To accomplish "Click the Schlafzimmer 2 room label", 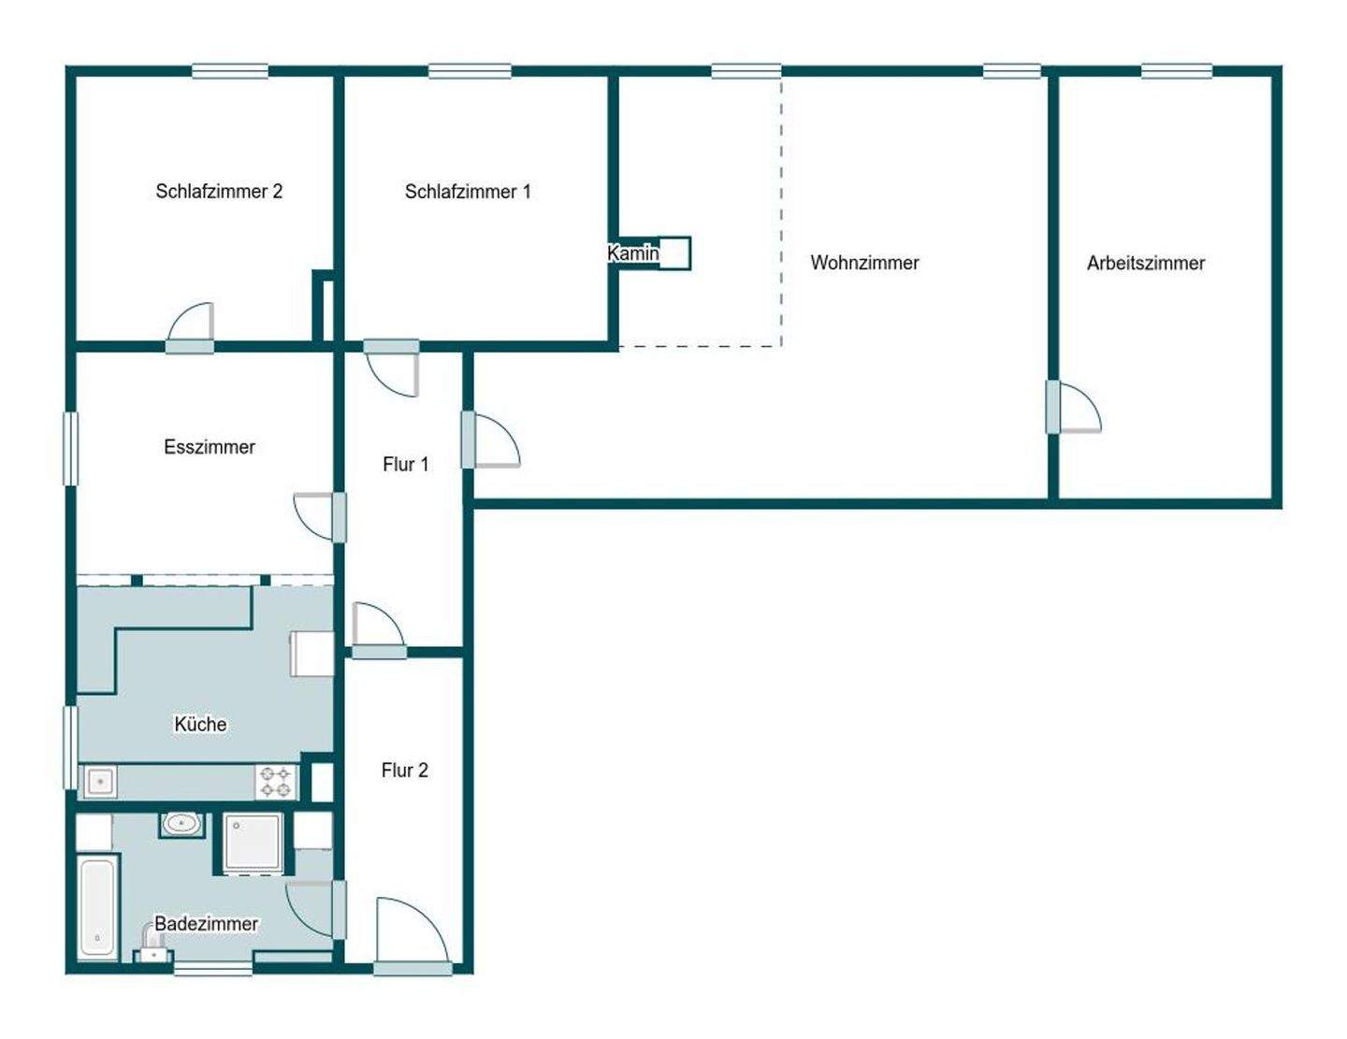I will [219, 192].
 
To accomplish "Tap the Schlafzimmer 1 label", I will [468, 192].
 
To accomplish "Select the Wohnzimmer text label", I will [864, 263].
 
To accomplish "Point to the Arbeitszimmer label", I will [1146, 263].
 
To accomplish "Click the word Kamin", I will [633, 253].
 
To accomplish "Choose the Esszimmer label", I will [210, 447].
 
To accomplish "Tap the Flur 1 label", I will [405, 464].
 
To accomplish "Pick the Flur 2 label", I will [404, 770].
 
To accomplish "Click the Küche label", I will [200, 724].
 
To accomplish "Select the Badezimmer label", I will [206, 924].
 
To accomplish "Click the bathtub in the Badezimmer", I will [97, 908].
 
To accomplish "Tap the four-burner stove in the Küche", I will [276, 782].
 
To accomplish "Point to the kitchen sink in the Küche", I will [100, 781].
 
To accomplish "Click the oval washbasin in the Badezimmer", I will [181, 824].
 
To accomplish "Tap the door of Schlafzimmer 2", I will [191, 327].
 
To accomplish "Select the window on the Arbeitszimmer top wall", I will [1177, 71].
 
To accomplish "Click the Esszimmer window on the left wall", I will [70, 449].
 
